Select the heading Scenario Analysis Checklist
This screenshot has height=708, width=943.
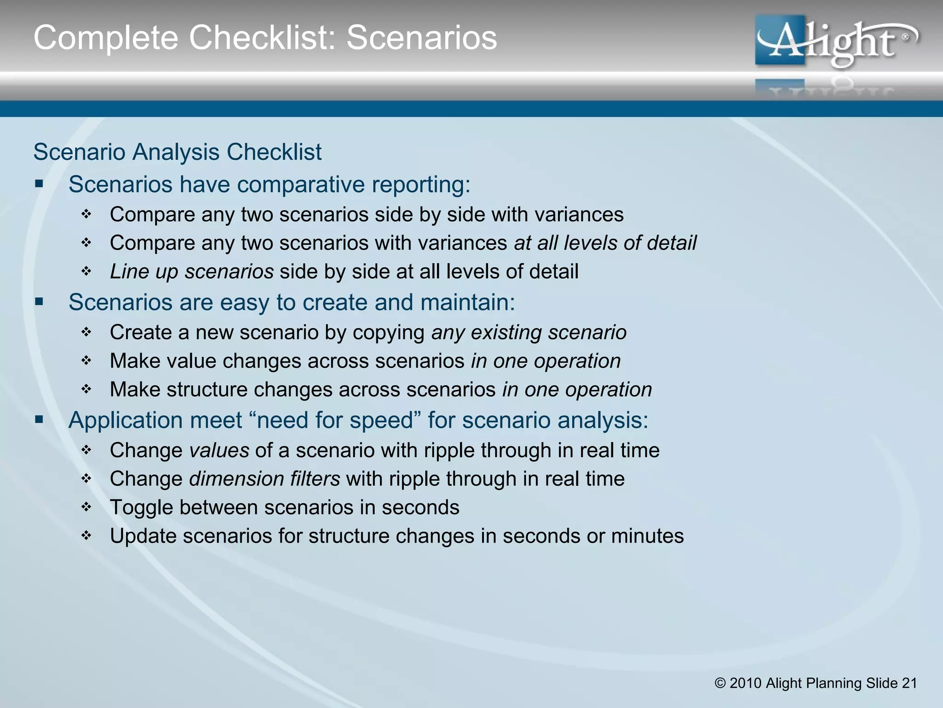[x=177, y=152]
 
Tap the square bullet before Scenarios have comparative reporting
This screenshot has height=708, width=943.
[x=39, y=184]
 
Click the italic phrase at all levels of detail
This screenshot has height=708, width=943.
[x=605, y=243]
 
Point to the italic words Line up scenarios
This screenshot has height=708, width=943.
[x=192, y=271]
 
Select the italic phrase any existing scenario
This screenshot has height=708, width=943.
[x=529, y=332]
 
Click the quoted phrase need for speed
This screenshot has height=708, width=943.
[x=335, y=420]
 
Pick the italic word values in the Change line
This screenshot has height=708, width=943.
[x=219, y=450]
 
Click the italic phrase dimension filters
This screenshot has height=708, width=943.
[x=264, y=479]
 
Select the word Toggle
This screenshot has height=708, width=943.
[x=141, y=507]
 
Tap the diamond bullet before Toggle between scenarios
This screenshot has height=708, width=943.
[x=87, y=507]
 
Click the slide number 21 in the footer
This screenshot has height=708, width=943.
[x=909, y=683]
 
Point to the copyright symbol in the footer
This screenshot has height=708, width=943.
[x=720, y=683]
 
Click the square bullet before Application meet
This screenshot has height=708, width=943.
[x=39, y=420]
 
